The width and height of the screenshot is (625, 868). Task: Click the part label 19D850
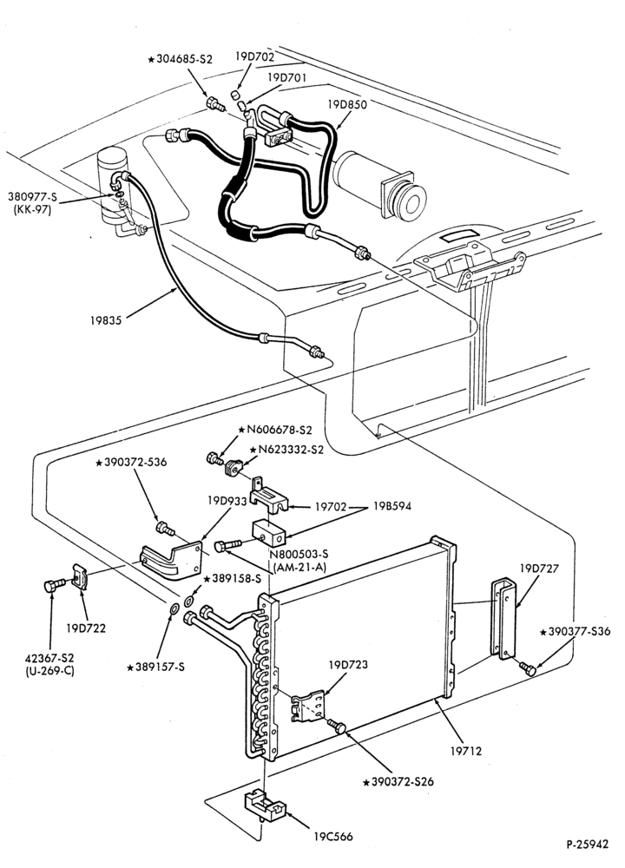click(347, 104)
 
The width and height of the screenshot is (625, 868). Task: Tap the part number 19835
click(106, 320)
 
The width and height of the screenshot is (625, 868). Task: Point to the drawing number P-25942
click(587, 845)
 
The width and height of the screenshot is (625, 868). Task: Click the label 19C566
click(332, 837)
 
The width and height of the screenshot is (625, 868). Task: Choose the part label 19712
click(466, 751)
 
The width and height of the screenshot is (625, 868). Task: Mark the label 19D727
click(539, 569)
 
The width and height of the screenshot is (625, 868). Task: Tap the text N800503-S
click(299, 554)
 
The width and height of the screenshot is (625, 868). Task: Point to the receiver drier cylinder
click(111, 186)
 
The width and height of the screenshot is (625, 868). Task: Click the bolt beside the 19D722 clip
click(53, 585)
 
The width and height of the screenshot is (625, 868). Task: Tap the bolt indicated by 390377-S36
click(527, 668)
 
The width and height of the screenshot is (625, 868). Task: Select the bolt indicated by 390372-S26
click(337, 726)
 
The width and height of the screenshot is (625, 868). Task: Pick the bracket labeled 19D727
click(503, 619)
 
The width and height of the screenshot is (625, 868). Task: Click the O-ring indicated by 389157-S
click(174, 610)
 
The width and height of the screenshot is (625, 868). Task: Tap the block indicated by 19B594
click(268, 533)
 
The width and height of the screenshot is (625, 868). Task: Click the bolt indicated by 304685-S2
click(214, 104)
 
